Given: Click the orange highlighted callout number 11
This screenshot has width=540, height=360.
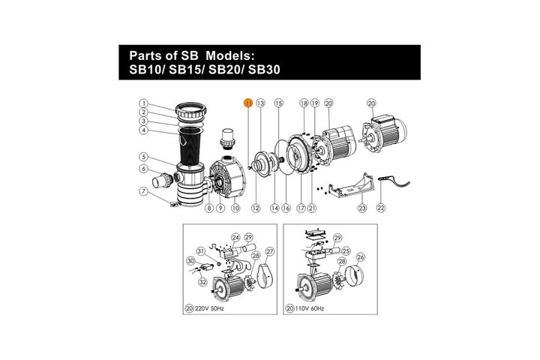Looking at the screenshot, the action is (x=248, y=103).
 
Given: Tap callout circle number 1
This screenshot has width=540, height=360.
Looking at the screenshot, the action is (x=143, y=103).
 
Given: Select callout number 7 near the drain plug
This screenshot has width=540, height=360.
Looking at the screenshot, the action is (x=143, y=191).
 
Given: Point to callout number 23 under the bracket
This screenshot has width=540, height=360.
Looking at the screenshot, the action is (x=362, y=208).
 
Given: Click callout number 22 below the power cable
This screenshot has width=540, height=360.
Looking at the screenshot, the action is (x=381, y=208).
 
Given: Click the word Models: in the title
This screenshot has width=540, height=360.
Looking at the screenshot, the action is (x=230, y=55).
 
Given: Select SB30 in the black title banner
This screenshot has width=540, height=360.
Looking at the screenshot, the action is (x=264, y=70).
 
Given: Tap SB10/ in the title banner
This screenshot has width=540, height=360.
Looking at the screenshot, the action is (x=148, y=70).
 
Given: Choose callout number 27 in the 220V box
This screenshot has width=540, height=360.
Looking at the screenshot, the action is (x=270, y=251).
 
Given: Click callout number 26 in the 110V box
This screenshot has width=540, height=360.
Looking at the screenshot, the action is (x=361, y=257).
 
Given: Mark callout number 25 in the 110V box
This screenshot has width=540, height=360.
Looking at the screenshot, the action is (x=346, y=251).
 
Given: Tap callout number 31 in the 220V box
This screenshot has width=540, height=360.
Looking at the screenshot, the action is (x=201, y=250).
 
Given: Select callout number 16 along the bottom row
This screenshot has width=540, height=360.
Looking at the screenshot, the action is (x=286, y=208).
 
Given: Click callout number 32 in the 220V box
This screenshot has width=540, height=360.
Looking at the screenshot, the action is (x=202, y=282).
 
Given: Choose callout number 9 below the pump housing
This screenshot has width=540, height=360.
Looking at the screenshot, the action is (x=220, y=208).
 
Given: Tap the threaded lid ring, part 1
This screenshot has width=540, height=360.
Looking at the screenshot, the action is (x=191, y=111).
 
